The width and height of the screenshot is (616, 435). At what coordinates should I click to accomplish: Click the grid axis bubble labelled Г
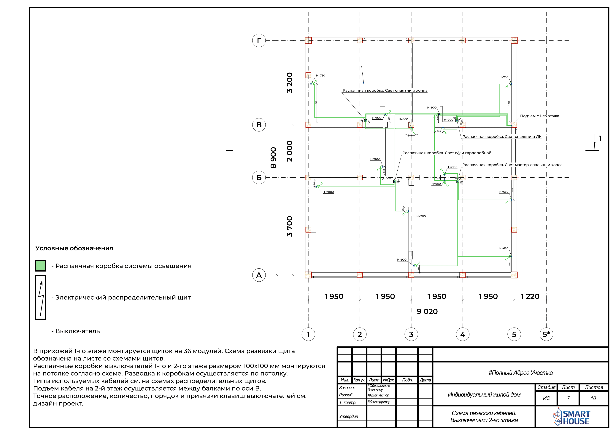pyautogui.click(x=259, y=41)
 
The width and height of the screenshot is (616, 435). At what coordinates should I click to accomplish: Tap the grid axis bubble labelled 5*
pyautogui.click(x=546, y=334)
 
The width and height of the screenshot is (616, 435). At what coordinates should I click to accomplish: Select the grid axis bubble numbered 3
pyautogui.click(x=411, y=334)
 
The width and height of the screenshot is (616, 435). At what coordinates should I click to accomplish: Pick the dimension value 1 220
pyautogui.click(x=530, y=296)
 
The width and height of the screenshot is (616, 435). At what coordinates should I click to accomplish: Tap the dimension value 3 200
pyautogui.click(x=290, y=83)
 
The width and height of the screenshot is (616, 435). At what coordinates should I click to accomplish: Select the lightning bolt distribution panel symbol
pyautogui.click(x=41, y=297)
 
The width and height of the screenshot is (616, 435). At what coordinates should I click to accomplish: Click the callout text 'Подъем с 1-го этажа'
pyautogui.click(x=539, y=116)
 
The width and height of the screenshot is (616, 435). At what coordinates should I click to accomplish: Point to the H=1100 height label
pyautogui.click(x=329, y=192)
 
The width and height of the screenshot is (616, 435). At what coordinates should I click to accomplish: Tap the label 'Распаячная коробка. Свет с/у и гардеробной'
pyautogui.click(x=447, y=153)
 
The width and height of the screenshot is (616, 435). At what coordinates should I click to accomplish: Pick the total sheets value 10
pyautogui.click(x=593, y=398)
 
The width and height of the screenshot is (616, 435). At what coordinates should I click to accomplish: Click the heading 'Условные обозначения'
pyautogui.click(x=74, y=248)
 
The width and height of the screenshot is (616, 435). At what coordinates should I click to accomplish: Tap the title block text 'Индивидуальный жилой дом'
pyautogui.click(x=484, y=394)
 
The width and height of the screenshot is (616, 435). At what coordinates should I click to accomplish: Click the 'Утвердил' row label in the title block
pyautogui.click(x=349, y=416)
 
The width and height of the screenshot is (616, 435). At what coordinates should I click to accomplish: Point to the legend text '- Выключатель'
pyautogui.click(x=76, y=331)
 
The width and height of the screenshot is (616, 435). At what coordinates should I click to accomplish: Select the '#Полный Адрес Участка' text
pyautogui.click(x=520, y=373)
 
